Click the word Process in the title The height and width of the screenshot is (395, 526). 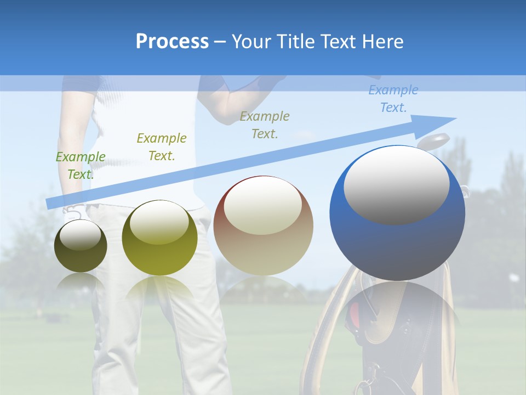coord(172,42)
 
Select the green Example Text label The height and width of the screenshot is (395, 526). coord(81,166)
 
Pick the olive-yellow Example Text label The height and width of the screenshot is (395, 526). coord(162,147)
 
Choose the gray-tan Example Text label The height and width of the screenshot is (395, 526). coord(265,125)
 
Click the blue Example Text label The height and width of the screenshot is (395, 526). coord(393,99)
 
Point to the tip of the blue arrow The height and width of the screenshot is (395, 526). coord(455,119)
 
